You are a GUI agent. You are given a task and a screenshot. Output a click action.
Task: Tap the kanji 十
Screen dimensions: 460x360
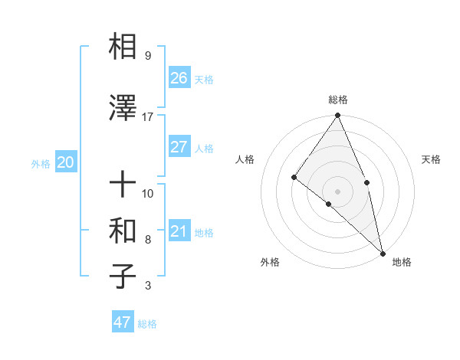point(123,184)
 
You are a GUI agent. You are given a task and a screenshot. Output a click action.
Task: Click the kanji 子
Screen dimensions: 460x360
point(123,276)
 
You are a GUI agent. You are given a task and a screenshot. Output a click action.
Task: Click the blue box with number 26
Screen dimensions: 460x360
point(179,77)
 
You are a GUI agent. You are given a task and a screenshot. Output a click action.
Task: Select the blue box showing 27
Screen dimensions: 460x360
point(179,147)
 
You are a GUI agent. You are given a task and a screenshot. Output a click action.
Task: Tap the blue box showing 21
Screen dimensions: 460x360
point(179,231)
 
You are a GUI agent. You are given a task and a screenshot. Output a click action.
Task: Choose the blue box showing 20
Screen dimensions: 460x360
point(66,162)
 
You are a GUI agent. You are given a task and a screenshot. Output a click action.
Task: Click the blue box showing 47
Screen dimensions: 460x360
point(123,322)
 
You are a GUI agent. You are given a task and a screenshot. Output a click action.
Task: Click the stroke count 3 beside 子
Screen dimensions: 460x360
point(147,286)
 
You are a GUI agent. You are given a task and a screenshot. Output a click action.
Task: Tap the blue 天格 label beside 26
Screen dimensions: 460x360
point(203,79)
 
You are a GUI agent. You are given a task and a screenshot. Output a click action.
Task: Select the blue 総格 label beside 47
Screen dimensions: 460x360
point(147,324)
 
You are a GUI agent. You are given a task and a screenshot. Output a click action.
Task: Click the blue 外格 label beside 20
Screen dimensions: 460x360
point(41,163)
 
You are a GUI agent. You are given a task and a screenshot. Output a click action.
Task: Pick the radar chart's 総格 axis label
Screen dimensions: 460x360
point(337,100)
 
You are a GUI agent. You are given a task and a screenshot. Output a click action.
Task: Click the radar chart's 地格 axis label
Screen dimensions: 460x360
point(402,262)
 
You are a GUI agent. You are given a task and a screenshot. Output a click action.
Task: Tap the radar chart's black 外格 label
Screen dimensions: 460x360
point(270,262)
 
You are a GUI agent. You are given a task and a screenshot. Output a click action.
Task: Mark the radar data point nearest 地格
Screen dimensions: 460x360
point(382,253)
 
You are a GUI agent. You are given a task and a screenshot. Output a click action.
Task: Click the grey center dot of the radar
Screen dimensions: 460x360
point(337,191)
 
